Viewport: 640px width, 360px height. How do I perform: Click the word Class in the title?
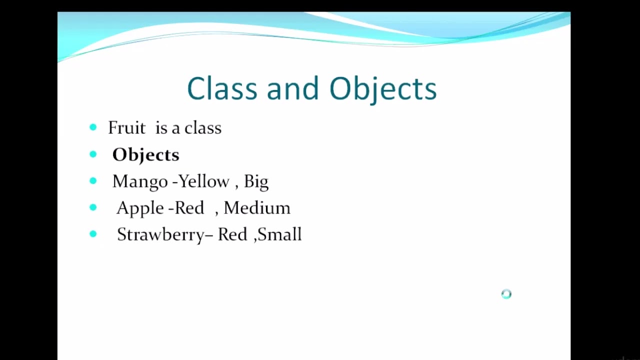222,89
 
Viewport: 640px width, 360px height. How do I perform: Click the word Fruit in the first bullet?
126,128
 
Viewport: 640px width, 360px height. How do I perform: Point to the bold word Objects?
145,155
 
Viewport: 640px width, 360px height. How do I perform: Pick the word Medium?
257,208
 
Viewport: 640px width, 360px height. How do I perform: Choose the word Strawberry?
160,235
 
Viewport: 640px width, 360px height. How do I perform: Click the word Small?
280,234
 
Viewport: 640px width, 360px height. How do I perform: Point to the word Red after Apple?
189,208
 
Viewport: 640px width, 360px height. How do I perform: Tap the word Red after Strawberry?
232,234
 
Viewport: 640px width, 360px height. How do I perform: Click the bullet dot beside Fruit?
93,127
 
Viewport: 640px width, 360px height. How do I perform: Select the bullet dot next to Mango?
93,181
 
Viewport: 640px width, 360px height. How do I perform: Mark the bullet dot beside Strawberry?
93,234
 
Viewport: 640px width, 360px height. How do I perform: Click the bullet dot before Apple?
93,207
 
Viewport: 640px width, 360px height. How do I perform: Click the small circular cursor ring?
506,294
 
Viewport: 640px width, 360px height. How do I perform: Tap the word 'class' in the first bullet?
203,128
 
